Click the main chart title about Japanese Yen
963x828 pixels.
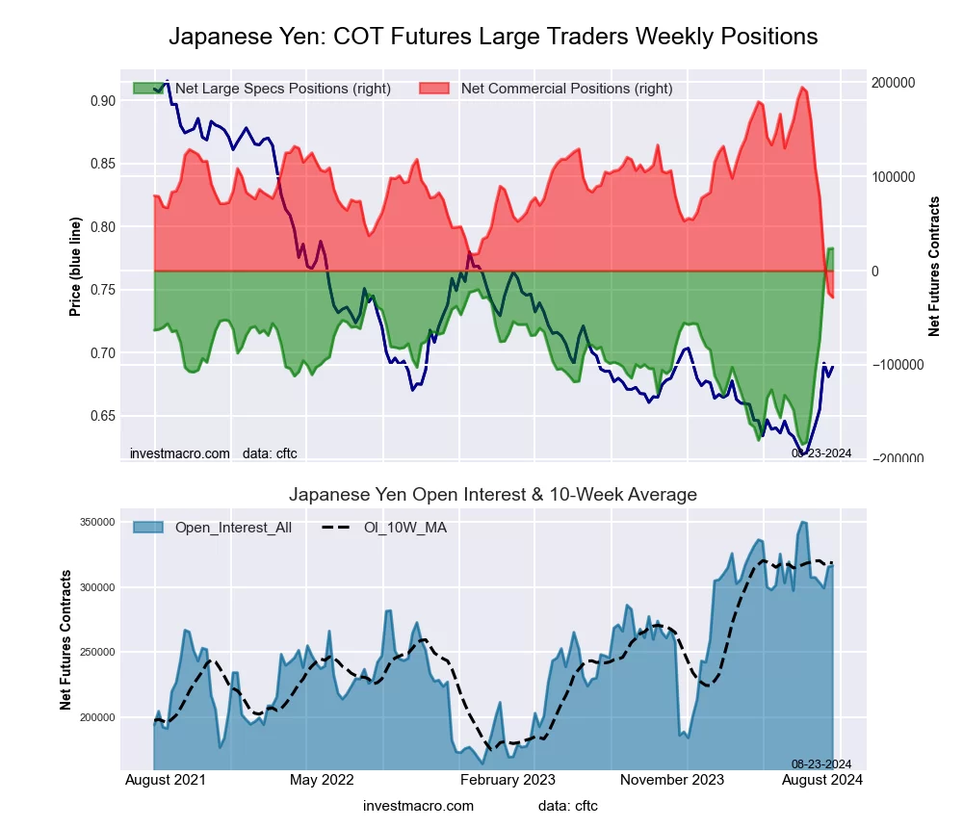point(493,37)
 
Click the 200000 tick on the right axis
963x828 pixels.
point(894,83)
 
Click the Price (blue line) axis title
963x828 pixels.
point(75,266)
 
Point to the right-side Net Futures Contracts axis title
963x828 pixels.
point(933,266)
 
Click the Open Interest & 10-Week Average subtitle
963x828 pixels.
point(493,495)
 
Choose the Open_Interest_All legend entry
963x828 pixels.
point(237,528)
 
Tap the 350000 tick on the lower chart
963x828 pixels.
point(123,522)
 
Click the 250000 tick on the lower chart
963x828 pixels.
point(123,652)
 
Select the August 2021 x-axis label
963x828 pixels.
point(165,780)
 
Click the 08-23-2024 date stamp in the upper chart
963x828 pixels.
point(821,453)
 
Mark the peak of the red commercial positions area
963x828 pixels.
point(801,88)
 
